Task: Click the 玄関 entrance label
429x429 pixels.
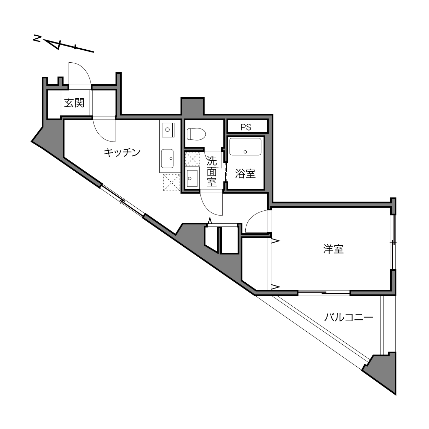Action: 74,103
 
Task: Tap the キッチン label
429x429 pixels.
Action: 122,153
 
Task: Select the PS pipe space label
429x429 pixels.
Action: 246,127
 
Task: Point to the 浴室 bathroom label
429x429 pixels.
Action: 245,174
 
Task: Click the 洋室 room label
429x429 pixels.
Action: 333,249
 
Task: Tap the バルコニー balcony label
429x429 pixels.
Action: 348,317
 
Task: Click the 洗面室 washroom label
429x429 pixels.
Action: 211,171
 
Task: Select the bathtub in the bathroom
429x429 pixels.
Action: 245,147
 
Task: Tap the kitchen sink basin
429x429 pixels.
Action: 168,159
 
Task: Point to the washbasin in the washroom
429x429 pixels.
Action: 192,178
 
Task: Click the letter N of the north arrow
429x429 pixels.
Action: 37,39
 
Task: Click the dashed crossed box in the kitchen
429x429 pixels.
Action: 172,183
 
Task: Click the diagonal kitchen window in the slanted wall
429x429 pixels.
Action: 122,200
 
